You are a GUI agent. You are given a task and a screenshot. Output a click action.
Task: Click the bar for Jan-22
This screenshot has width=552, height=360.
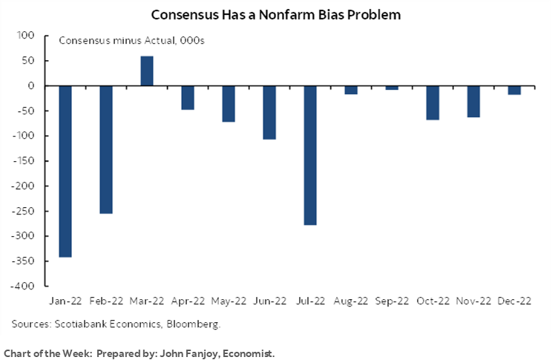click(x=66, y=171)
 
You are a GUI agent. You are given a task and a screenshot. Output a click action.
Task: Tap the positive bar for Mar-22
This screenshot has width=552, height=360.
click(x=147, y=71)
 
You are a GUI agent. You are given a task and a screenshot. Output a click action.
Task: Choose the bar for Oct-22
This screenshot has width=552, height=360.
click(x=432, y=102)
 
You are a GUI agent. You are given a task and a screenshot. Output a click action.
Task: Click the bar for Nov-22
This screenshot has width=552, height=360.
click(x=473, y=101)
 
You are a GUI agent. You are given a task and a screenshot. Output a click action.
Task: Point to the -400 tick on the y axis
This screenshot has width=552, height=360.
click(x=27, y=286)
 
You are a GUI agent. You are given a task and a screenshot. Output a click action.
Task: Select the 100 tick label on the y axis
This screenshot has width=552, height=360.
click(x=29, y=36)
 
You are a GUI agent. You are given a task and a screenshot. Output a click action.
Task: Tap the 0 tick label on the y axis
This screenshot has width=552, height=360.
click(x=33, y=86)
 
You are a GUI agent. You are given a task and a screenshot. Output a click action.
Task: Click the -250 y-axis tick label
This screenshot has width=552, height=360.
click(x=27, y=211)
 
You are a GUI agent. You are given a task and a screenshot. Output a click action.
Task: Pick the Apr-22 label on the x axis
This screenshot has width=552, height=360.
click(x=188, y=303)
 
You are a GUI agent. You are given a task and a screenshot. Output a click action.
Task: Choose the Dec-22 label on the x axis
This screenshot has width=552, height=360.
click(x=513, y=303)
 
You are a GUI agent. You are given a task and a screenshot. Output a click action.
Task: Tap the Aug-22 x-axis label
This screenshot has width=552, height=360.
click(x=350, y=303)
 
